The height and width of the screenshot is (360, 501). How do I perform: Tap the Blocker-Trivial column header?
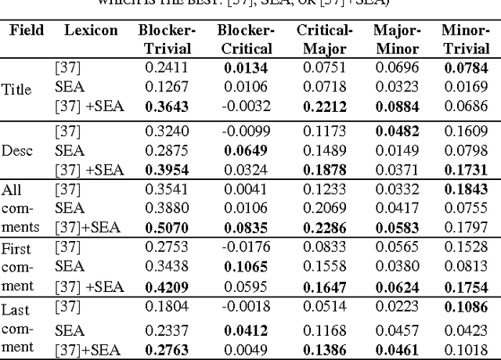(x=167, y=38)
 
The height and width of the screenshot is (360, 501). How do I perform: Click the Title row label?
(x=17, y=89)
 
